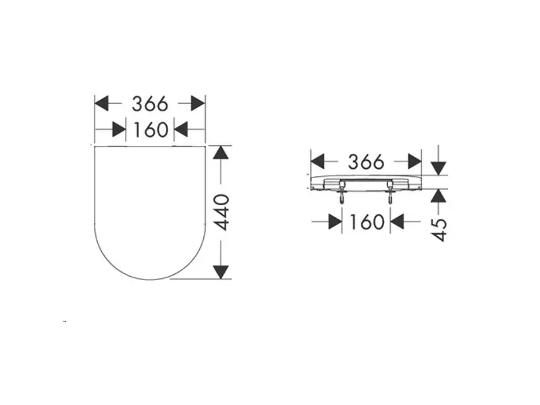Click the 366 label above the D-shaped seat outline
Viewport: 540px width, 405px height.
coord(150,104)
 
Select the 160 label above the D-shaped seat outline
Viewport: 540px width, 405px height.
coord(151,130)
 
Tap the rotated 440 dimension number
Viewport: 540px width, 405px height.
coord(221,212)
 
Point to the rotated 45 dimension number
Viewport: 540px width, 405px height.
coord(439,230)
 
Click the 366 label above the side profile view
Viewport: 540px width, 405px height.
coord(366,162)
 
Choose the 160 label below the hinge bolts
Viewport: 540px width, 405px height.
coord(367,221)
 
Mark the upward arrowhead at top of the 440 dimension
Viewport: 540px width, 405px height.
coord(221,153)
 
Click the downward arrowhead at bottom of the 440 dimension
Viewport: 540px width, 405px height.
coord(221,273)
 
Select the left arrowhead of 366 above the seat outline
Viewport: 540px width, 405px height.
coord(102,103)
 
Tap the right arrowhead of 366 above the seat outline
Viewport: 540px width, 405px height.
coord(198,103)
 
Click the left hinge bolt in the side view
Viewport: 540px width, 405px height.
coord(342,192)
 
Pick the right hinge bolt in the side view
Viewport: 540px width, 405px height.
coord(390,192)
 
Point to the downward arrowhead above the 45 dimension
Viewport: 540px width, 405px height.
coord(438,168)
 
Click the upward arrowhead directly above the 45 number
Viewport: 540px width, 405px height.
coord(438,196)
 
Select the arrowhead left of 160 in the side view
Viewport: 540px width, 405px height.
coord(335,221)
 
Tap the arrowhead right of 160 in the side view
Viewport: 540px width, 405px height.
coord(397,221)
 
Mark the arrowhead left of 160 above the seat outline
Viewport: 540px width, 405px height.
coord(119,130)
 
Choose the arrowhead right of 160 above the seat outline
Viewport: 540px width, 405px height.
coord(181,130)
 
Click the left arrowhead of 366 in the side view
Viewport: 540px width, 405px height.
coord(317,161)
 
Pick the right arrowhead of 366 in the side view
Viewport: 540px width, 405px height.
coord(414,161)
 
